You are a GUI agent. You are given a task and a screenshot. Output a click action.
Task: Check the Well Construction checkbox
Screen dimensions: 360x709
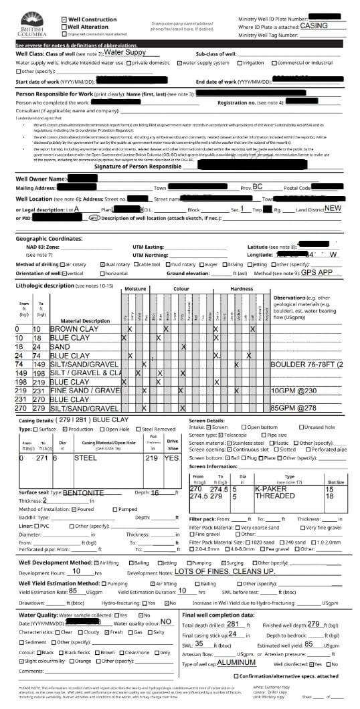(64, 19)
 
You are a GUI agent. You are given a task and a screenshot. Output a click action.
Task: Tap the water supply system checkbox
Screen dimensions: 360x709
(180, 62)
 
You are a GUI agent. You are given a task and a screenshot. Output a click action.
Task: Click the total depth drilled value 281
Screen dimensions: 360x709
(233, 623)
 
